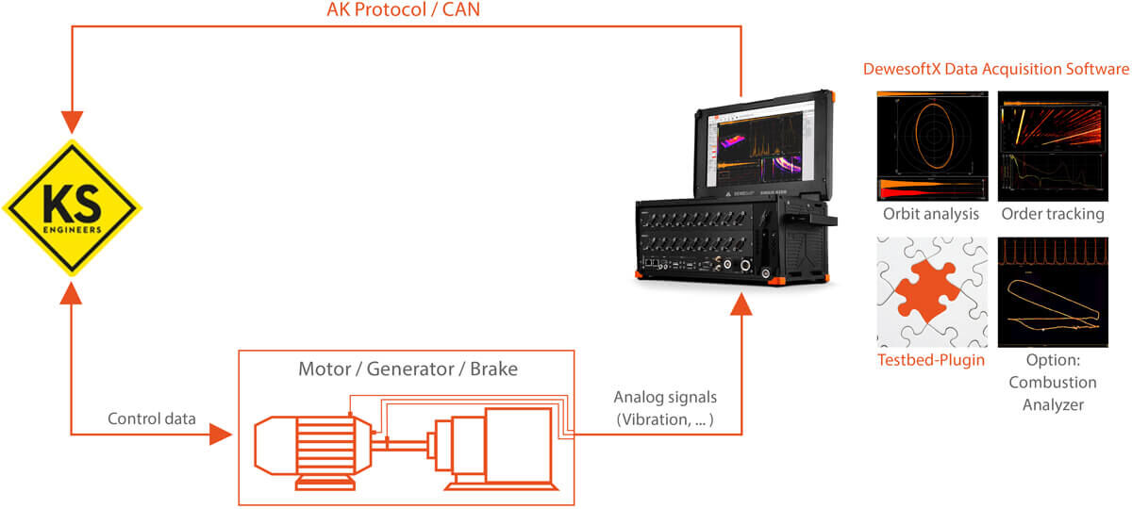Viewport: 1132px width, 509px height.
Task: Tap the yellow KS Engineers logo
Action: click(72, 208)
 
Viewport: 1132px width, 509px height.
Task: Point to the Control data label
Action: click(152, 419)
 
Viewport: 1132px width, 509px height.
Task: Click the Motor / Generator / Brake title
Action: click(408, 369)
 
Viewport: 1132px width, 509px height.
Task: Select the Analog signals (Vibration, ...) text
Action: click(664, 408)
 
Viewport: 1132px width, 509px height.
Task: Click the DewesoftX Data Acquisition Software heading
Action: click(996, 70)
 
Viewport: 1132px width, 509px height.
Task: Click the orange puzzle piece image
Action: click(932, 292)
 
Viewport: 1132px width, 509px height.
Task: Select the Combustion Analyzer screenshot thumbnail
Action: click(1053, 292)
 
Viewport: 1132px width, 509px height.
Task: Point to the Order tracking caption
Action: click(1053, 214)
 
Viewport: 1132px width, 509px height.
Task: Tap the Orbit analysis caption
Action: click(932, 214)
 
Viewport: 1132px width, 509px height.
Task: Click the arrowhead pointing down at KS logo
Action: click(72, 122)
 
